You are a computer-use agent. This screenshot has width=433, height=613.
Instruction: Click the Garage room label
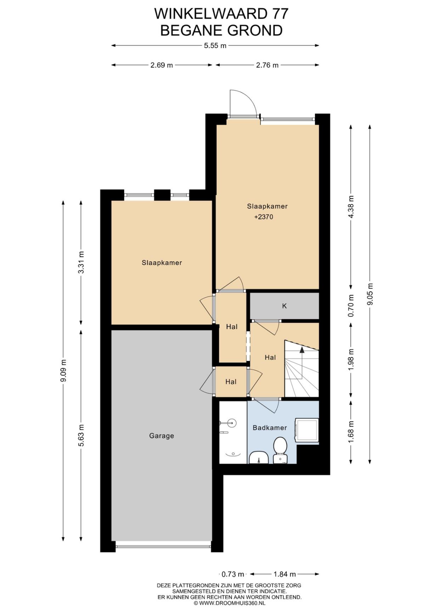[x=162, y=436]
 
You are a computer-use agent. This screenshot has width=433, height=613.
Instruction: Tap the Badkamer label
[x=270, y=427]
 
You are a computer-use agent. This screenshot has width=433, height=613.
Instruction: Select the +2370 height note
[x=264, y=217]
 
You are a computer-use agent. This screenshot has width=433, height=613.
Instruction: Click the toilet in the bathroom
[x=280, y=450]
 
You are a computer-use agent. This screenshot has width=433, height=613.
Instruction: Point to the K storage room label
[x=284, y=306]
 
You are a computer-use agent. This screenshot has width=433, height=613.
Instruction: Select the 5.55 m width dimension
[x=215, y=45]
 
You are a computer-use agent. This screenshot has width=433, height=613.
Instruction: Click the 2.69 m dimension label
[x=162, y=65]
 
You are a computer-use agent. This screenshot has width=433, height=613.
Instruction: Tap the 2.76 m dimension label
[x=267, y=65]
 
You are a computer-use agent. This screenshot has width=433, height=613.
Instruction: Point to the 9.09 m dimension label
[x=63, y=371]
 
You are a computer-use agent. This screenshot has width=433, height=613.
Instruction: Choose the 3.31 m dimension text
[x=81, y=263]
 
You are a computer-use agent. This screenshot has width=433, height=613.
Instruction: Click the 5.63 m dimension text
[x=81, y=436]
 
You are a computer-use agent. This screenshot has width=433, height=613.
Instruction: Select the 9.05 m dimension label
[x=370, y=294]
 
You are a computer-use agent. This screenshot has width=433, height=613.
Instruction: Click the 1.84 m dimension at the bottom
[x=285, y=574]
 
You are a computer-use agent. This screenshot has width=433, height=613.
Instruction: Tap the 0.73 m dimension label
[x=233, y=574]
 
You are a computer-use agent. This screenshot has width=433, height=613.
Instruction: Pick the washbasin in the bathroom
[x=259, y=458]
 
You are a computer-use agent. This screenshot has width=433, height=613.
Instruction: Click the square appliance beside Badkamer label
[x=307, y=430]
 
